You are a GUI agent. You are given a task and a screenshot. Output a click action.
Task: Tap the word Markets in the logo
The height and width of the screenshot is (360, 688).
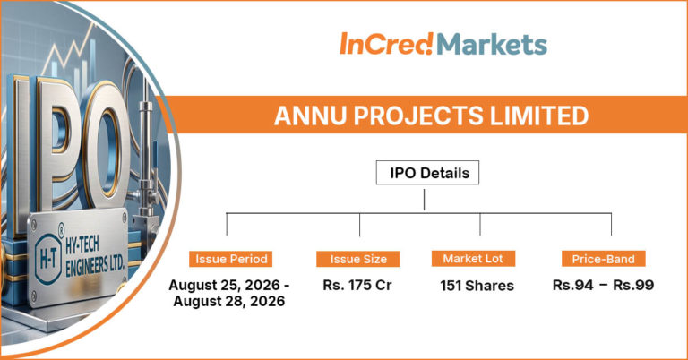click(492, 44)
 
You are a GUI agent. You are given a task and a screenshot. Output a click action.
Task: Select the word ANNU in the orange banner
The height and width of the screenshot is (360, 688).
click(311, 116)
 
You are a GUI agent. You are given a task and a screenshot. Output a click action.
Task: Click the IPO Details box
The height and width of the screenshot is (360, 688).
click(427, 173)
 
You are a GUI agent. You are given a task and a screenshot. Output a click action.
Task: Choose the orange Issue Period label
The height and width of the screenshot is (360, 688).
click(231, 259)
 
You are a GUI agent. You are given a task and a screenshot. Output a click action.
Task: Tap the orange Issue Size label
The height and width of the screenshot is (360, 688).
click(358, 259)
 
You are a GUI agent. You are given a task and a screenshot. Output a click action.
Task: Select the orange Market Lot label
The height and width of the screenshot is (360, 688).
click(473, 259)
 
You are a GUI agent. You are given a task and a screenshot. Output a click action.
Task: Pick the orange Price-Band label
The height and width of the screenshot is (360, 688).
click(603, 259)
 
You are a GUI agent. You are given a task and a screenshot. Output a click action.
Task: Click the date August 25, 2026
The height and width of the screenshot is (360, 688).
click(224, 285)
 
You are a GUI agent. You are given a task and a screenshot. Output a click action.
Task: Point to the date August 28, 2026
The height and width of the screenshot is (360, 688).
click(229, 301)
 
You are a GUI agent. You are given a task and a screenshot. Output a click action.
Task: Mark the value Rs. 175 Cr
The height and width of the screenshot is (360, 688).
click(357, 285)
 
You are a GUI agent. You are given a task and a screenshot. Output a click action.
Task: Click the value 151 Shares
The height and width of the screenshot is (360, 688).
click(477, 286)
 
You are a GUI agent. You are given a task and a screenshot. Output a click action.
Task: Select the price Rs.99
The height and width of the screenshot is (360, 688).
click(633, 285)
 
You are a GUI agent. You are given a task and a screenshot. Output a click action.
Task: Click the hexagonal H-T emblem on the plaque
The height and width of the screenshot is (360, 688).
click(47, 258)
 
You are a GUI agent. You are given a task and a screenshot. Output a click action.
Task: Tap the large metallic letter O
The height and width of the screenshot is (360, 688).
click(105, 146)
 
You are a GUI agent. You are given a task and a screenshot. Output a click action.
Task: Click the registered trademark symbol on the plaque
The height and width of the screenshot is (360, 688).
click(61, 228)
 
